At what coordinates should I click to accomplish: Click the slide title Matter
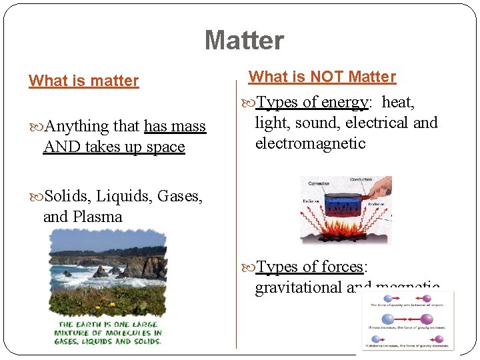pyautogui.click(x=244, y=41)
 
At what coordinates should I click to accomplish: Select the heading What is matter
pyautogui.click(x=84, y=81)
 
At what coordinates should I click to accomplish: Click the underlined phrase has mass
pyautogui.click(x=175, y=126)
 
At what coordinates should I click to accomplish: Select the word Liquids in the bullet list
pyautogui.click(x=123, y=196)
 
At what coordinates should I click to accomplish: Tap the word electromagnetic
pyautogui.click(x=310, y=143)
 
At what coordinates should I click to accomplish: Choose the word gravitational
pyautogui.click(x=298, y=287)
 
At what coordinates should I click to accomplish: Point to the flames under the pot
pyautogui.click(x=343, y=231)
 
